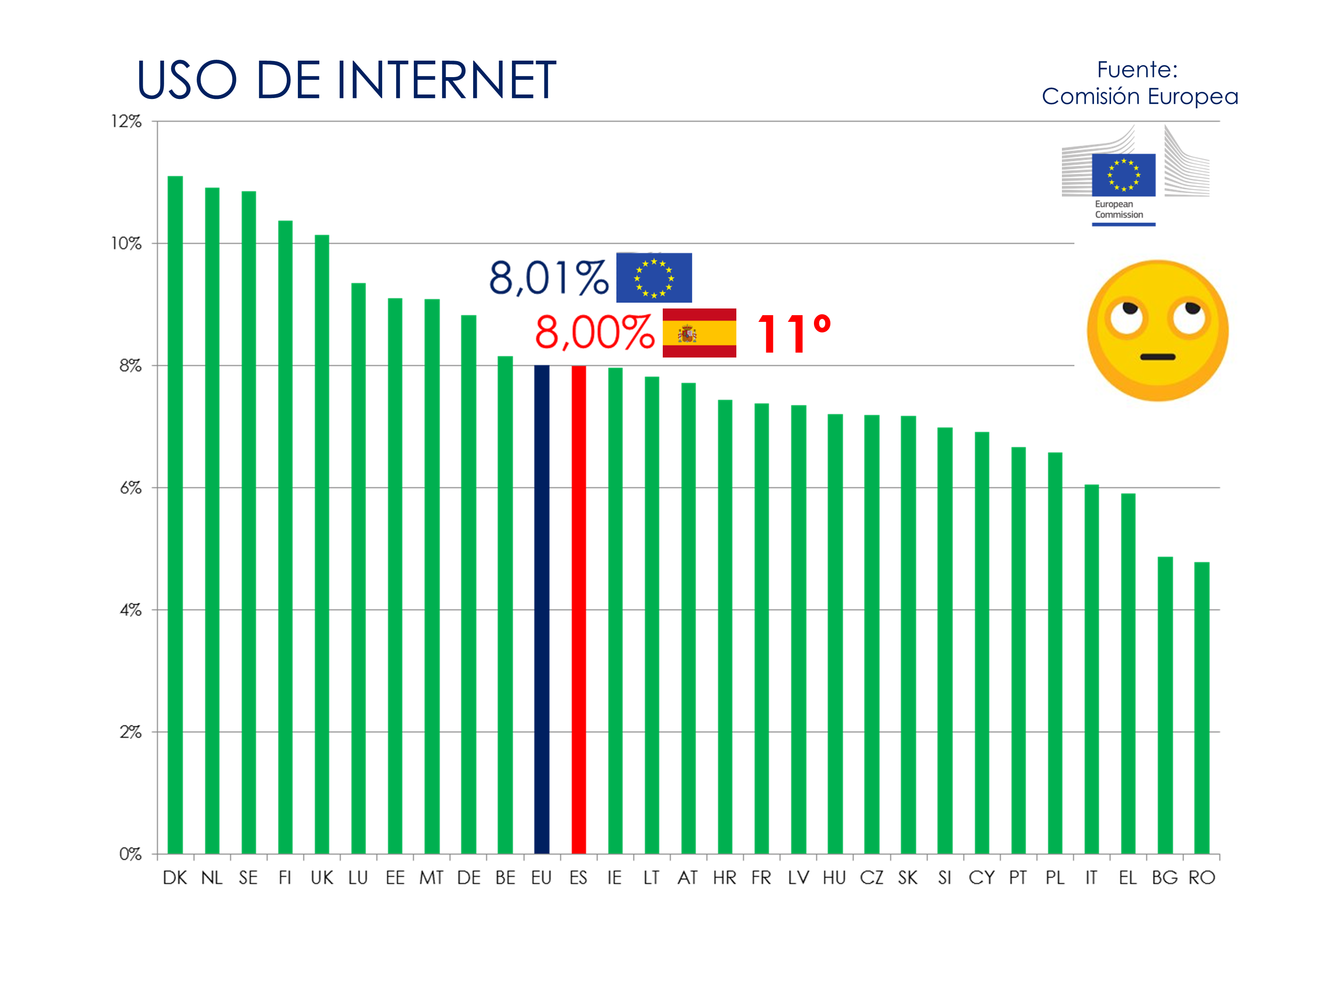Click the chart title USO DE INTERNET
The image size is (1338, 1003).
coord(346,80)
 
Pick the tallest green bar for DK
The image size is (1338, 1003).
coord(175,514)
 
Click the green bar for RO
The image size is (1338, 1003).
coord(1201,707)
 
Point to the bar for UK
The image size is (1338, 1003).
coord(322,544)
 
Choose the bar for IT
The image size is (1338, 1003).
coord(1091,669)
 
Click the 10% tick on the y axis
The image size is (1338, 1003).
coord(126,244)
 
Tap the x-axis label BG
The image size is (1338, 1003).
coord(1165,878)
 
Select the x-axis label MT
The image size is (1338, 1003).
coord(431,878)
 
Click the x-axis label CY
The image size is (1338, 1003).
coord(981,878)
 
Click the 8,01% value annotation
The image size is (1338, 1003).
coord(548,278)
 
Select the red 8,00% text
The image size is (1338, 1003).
coord(594,333)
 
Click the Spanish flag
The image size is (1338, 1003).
coord(699,333)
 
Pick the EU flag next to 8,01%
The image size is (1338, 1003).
coord(654,278)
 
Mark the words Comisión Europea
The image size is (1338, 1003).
coord(1140,97)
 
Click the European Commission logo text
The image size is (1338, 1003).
coord(1119,209)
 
